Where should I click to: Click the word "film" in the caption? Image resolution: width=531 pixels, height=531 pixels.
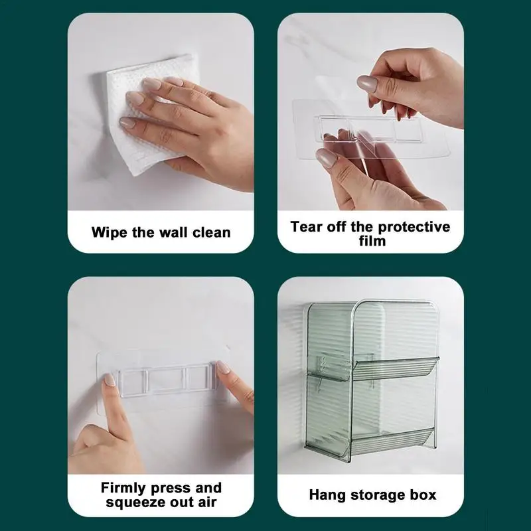coord(372,241)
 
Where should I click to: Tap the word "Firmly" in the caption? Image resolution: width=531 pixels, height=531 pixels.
coord(123,489)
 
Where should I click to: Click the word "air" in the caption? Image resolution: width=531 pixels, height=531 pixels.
coord(206,502)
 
